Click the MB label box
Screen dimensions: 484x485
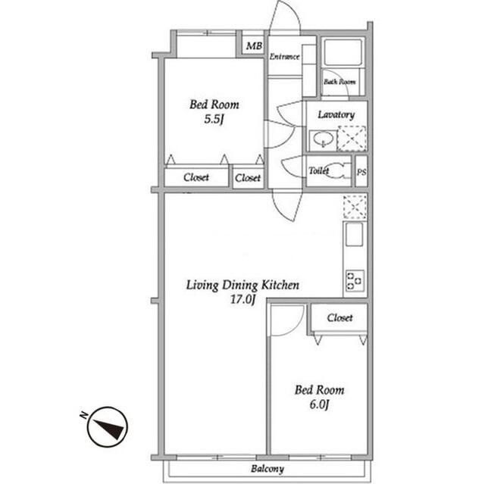[x=253, y=46]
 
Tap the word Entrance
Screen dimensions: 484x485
[x=284, y=57]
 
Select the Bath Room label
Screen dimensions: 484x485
[x=339, y=81]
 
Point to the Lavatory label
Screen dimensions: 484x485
[x=336, y=114]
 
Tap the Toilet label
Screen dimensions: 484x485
[x=318, y=171]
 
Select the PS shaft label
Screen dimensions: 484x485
[x=361, y=172]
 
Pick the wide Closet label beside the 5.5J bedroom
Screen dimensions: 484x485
[x=197, y=178]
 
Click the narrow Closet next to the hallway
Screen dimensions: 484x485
[x=248, y=178]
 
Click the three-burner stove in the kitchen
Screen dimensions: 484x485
[x=355, y=279]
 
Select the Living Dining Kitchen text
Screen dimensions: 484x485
[x=243, y=286]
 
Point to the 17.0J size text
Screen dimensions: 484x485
[x=242, y=300]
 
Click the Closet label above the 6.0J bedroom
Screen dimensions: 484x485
[x=339, y=318]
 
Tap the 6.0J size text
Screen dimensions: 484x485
[x=318, y=405]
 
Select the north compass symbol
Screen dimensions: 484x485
[x=107, y=427]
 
